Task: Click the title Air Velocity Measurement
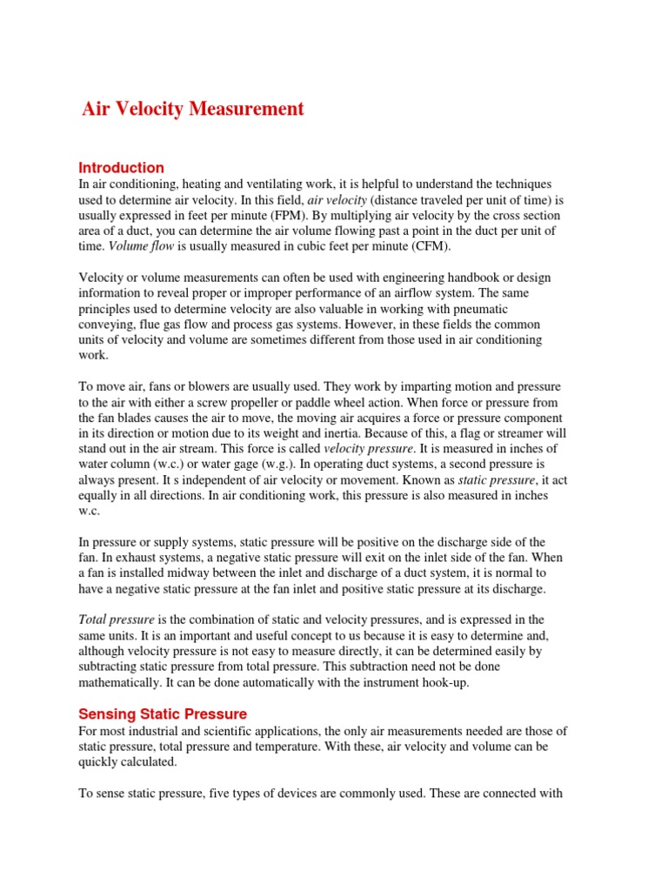(192, 109)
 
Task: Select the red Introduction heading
(121, 167)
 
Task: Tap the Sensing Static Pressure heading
(163, 714)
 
